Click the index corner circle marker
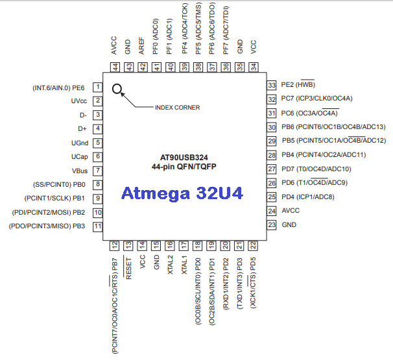coord(117,89)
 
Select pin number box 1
coord(97,88)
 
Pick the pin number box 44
coord(115,66)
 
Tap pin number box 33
coord(272,85)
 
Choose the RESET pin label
coord(128,267)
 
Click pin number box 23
coord(272,224)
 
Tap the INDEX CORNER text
coord(177,107)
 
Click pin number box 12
coord(115,245)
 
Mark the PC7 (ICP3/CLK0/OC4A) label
coord(316,99)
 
